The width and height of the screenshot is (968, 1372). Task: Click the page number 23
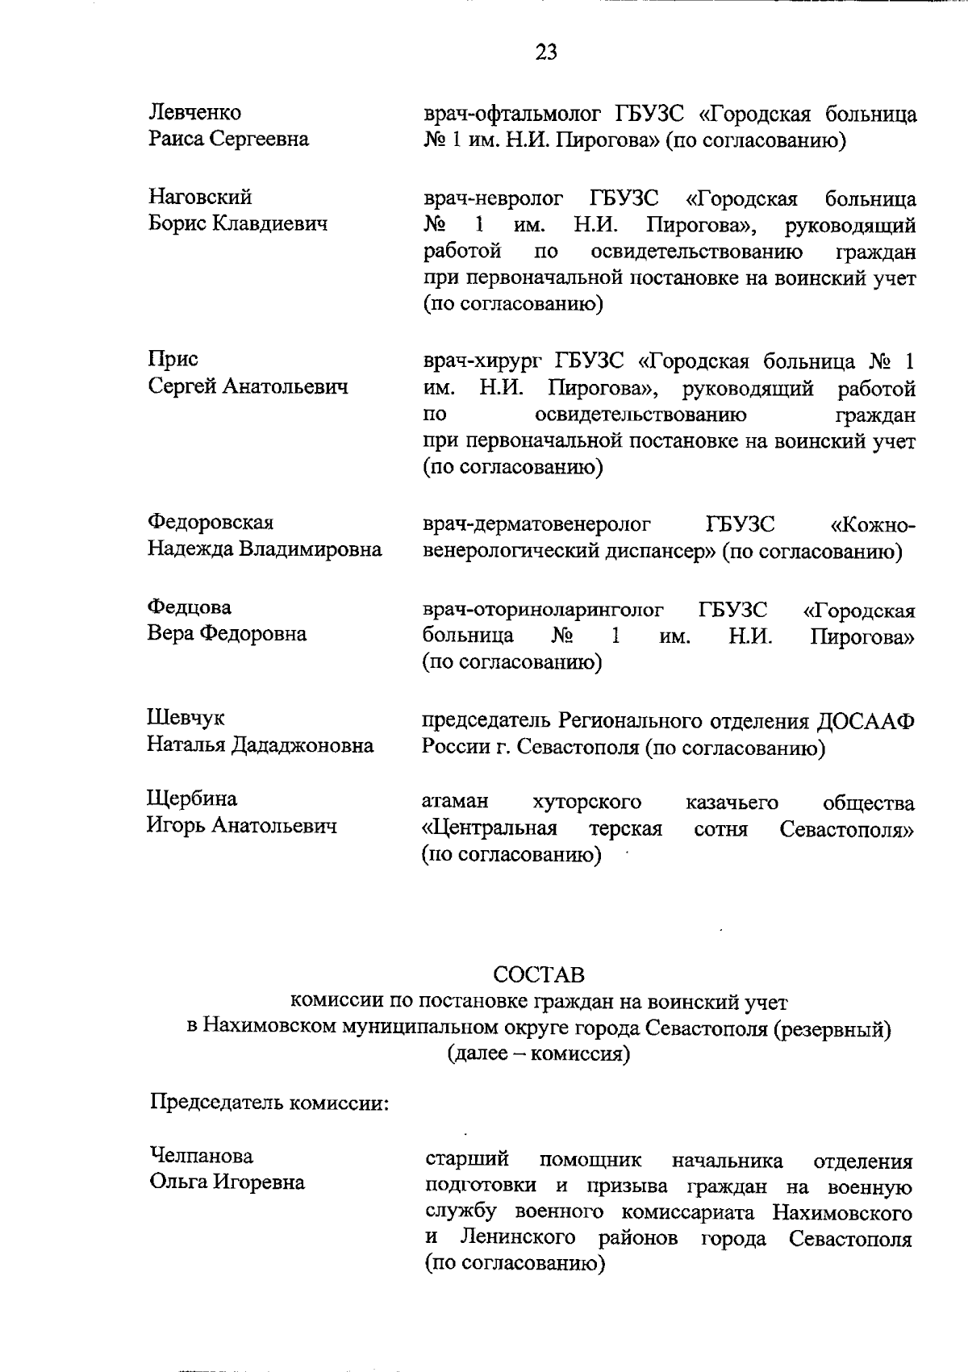pyautogui.click(x=545, y=52)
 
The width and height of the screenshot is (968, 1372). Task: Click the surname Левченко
pyautogui.click(x=194, y=112)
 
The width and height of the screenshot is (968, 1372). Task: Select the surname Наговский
pyautogui.click(x=200, y=197)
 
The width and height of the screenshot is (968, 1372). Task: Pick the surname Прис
pyautogui.click(x=173, y=359)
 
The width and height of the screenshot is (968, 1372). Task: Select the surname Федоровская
pyautogui.click(x=210, y=523)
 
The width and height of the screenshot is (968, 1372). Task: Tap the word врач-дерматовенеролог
pyautogui.click(x=536, y=524)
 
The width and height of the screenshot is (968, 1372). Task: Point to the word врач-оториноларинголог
pyautogui.click(x=543, y=608)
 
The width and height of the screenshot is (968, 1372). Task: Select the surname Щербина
pyautogui.click(x=192, y=799)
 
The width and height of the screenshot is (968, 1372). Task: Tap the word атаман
pyautogui.click(x=455, y=803)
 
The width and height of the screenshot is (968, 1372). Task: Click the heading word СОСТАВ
pyautogui.click(x=538, y=975)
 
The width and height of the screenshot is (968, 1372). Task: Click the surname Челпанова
pyautogui.click(x=202, y=1156)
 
